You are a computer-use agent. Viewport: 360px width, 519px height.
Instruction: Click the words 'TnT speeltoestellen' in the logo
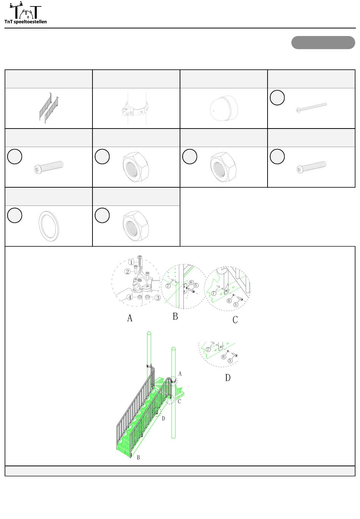[25, 22]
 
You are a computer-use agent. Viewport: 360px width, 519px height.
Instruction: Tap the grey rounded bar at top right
[323, 42]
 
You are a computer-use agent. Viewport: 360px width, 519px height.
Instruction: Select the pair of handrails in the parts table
[49, 108]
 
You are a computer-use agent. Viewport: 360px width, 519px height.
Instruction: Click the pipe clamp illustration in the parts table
[136, 108]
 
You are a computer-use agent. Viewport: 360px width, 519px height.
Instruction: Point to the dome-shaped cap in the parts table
[224, 108]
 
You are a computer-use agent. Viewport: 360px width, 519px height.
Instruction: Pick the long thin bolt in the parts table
[311, 108]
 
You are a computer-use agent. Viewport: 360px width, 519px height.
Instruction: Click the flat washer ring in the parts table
[49, 226]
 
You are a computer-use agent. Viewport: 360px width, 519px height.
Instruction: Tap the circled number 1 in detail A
[131, 262]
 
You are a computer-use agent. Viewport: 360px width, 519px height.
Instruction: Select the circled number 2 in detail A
[127, 271]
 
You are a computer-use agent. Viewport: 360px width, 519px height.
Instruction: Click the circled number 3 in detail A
[158, 298]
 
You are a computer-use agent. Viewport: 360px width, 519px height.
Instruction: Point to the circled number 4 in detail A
[130, 297]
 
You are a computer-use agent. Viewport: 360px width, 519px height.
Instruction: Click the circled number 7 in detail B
[168, 286]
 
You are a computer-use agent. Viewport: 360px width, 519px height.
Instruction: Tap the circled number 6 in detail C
[229, 301]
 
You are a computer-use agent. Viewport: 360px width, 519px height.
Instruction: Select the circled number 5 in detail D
[230, 361]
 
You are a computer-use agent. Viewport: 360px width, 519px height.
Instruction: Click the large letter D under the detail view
[228, 378]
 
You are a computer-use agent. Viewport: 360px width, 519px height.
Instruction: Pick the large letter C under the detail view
[235, 320]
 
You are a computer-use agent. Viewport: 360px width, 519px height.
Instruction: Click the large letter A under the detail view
[130, 318]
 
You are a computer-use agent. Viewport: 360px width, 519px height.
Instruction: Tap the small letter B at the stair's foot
[138, 458]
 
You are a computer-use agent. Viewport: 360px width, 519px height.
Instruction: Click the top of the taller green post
[149, 333]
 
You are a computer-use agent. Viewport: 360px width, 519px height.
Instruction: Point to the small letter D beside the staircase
[163, 419]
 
